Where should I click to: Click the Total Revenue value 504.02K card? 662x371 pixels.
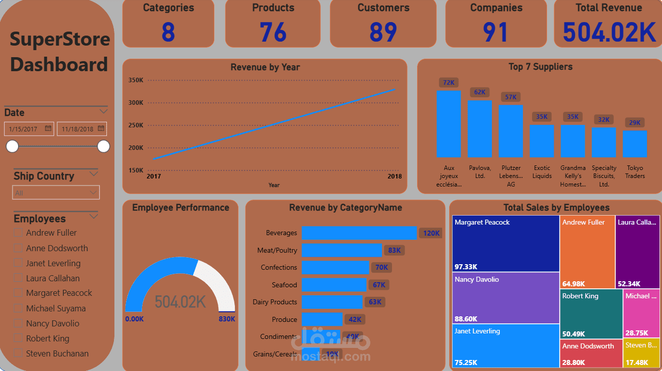pyautogui.click(x=609, y=31)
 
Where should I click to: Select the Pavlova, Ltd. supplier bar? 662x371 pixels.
pyautogui.click(x=479, y=129)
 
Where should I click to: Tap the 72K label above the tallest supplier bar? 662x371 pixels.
pyautogui.click(x=448, y=83)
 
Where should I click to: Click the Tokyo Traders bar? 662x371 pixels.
pyautogui.click(x=635, y=144)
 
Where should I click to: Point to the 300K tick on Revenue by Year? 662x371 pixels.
pyautogui.click(x=136, y=103)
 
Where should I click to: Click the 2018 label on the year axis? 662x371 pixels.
pyautogui.click(x=394, y=176)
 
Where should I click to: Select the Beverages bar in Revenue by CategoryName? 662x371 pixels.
pyautogui.click(x=359, y=233)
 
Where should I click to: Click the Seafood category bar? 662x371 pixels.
pyautogui.click(x=334, y=285)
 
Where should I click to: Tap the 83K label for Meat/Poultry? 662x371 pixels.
pyautogui.click(x=394, y=250)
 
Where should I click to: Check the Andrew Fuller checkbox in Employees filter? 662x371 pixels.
pyautogui.click(x=19, y=233)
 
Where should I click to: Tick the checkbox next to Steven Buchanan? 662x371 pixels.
pyautogui.click(x=19, y=353)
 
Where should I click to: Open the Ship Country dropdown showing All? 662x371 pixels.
pyautogui.click(x=56, y=193)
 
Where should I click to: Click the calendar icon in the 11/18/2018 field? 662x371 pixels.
pyautogui.click(x=101, y=128)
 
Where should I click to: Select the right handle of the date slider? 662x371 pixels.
pyautogui.click(x=103, y=146)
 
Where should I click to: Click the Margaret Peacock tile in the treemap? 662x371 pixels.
pyautogui.click(x=505, y=244)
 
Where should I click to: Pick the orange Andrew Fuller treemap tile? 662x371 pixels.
pyautogui.click(x=587, y=252)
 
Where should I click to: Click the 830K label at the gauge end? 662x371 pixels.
pyautogui.click(x=226, y=319)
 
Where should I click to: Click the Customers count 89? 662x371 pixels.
pyautogui.click(x=383, y=32)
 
